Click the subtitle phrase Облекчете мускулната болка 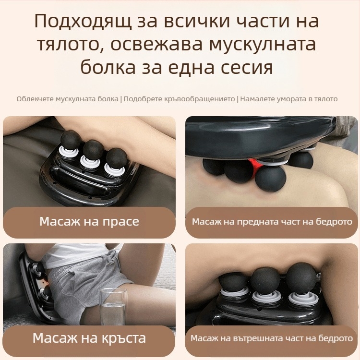pos(67,99)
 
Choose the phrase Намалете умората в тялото pos(288,99)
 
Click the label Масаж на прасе pos(89,222)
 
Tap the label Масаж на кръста pos(89,337)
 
